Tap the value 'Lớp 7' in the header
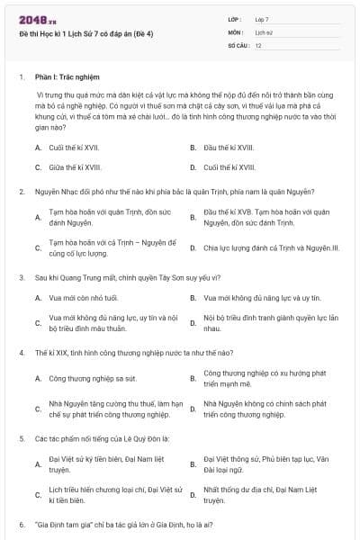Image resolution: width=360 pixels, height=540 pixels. (x=262, y=19)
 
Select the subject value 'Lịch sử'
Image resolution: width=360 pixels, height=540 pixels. (x=264, y=31)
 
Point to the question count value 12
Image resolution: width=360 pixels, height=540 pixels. (x=258, y=44)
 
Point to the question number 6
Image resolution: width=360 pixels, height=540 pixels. (x=21, y=524)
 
